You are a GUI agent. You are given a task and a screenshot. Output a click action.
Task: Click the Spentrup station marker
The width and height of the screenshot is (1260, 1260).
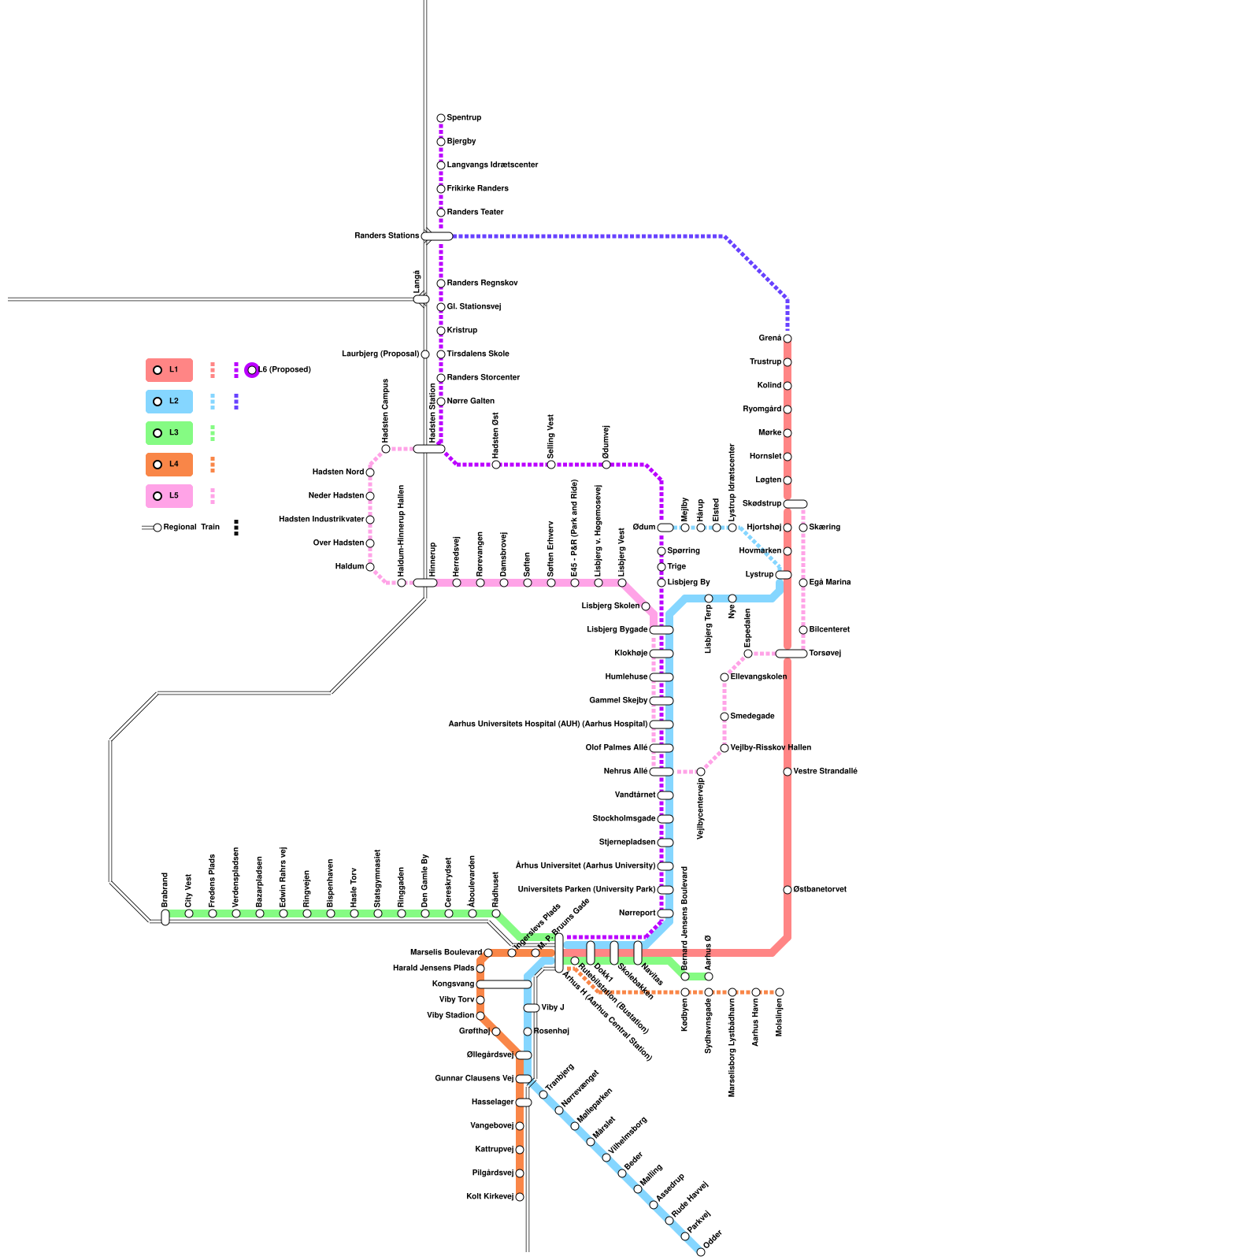click(441, 118)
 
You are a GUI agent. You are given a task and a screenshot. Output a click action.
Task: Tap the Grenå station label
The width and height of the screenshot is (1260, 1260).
click(769, 339)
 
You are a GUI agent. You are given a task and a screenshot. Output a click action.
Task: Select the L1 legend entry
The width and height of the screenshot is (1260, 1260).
click(169, 370)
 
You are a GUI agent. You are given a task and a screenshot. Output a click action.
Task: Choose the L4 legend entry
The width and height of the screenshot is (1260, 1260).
click(169, 465)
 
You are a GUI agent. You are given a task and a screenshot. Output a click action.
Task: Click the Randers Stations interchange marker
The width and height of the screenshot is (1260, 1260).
click(437, 236)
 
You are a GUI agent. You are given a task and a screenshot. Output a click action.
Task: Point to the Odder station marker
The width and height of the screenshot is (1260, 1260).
click(701, 1252)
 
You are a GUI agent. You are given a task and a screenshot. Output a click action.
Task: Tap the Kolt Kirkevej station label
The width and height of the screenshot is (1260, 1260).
click(489, 1197)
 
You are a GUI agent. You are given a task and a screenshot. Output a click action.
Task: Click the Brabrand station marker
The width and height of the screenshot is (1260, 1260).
click(165, 917)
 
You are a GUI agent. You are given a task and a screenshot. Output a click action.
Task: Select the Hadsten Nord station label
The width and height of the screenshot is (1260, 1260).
click(338, 472)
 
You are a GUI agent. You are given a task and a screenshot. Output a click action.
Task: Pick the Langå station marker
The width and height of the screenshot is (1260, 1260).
click(421, 299)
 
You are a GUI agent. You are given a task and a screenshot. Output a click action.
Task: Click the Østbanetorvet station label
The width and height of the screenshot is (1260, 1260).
click(820, 890)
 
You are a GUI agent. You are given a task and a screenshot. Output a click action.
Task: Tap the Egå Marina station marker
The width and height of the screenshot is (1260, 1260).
click(803, 583)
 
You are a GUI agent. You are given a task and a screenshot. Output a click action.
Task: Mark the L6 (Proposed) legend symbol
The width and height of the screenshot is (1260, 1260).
click(252, 370)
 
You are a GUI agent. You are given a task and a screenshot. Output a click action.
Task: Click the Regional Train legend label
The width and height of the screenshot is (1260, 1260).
click(191, 528)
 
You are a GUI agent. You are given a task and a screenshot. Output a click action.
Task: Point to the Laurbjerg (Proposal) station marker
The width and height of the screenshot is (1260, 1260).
click(425, 354)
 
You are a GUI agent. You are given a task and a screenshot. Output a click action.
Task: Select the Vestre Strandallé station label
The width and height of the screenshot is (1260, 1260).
click(825, 772)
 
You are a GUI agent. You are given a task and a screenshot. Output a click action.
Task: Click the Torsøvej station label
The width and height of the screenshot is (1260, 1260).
click(825, 654)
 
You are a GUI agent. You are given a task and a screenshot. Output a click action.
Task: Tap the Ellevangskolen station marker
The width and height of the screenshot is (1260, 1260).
click(724, 677)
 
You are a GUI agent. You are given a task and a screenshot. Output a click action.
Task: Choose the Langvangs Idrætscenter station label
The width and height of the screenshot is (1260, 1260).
click(492, 165)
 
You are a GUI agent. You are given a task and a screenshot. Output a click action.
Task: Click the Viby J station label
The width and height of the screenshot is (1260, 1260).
click(552, 1008)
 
